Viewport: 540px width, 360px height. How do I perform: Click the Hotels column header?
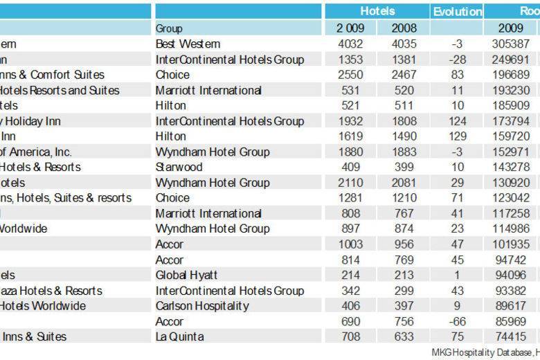click(377, 11)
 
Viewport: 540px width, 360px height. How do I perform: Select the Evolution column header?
click(457, 11)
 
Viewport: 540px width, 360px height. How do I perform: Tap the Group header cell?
click(170, 28)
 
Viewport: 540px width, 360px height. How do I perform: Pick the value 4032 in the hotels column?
click(349, 44)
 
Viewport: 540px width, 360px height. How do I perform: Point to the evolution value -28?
click(457, 60)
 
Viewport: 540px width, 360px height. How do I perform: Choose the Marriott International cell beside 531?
click(208, 91)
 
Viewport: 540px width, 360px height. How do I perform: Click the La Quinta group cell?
click(180, 336)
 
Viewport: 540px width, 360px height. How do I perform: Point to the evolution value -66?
click(457, 321)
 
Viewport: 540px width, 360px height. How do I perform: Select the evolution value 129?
click(457, 136)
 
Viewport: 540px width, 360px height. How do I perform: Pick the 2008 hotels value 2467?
click(404, 75)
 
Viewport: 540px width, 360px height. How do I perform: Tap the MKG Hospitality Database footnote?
click(485, 352)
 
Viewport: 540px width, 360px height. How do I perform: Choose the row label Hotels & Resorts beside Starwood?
click(40, 167)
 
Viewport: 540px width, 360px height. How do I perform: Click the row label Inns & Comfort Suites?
click(52, 75)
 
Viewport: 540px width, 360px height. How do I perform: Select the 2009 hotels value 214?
click(349, 275)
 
